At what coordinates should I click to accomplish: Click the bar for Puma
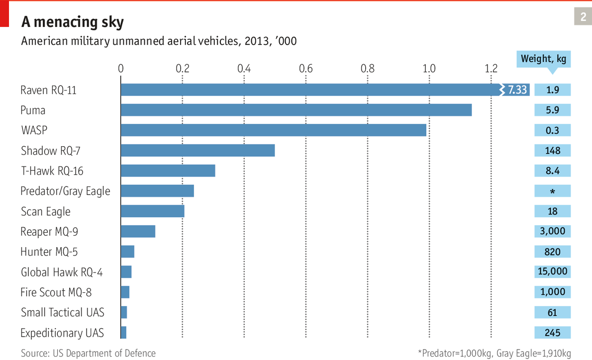click(296, 110)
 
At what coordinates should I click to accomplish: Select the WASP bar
click(274, 130)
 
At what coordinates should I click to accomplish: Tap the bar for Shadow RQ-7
click(197, 150)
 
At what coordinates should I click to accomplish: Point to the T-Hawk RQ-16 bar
click(168, 171)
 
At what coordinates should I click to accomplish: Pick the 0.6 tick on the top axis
click(306, 68)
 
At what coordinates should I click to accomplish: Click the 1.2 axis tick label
click(491, 68)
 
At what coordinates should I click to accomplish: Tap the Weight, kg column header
click(543, 59)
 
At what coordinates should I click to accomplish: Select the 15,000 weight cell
click(552, 271)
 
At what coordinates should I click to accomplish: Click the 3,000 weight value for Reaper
click(552, 231)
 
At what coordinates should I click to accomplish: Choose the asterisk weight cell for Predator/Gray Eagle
click(552, 191)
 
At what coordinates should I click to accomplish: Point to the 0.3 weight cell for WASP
click(552, 130)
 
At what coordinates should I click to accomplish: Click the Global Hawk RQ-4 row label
click(62, 272)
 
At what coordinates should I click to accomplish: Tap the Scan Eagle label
click(46, 211)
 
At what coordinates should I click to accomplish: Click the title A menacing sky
click(73, 22)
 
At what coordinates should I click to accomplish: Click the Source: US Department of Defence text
click(88, 354)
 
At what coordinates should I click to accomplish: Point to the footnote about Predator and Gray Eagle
click(494, 354)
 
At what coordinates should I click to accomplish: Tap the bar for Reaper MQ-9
click(138, 231)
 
